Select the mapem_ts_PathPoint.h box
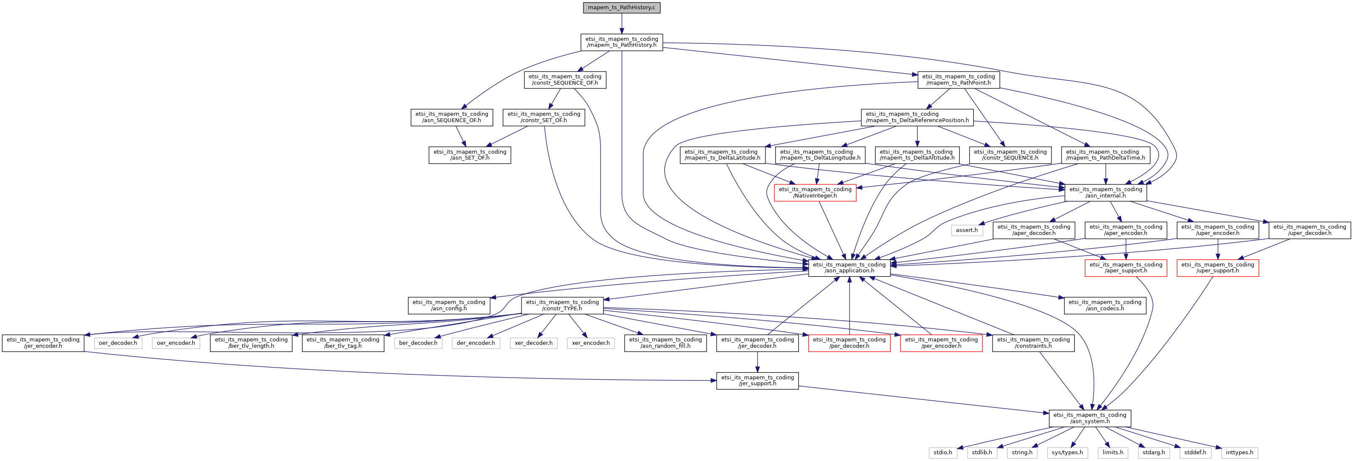pyautogui.click(x=958, y=80)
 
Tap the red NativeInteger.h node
pyautogui.click(x=815, y=192)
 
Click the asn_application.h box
pyautogui.click(x=849, y=268)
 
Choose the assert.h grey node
pyautogui.click(x=966, y=230)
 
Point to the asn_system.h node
pyautogui.click(x=1089, y=418)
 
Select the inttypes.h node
pyautogui.click(x=1239, y=452)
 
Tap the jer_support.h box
pyautogui.click(x=757, y=381)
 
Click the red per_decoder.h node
pyautogui.click(x=849, y=343)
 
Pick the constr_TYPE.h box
pyautogui.click(x=562, y=305)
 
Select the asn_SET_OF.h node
pyautogui.click(x=469, y=155)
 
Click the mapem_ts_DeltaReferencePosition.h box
pyautogui.click(x=917, y=117)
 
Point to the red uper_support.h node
pyautogui.click(x=1217, y=268)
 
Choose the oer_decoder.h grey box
pyautogui.click(x=118, y=343)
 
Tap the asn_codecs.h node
pyautogui.click(x=1104, y=305)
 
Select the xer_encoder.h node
pyautogui.click(x=590, y=343)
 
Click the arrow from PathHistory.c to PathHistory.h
pyautogui.click(x=621, y=24)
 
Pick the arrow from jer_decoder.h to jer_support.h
pyautogui.click(x=757, y=362)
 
